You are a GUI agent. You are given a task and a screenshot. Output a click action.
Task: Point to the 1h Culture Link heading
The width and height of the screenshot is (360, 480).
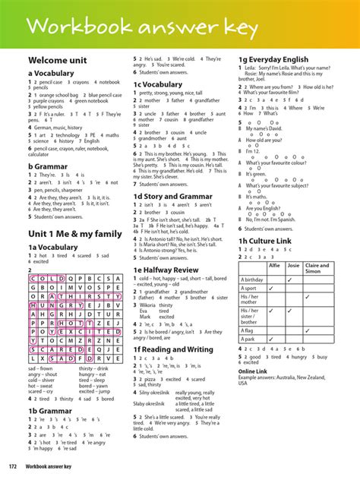click(x=265, y=241)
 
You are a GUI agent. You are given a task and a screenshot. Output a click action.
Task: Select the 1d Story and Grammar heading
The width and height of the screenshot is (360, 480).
click(x=173, y=197)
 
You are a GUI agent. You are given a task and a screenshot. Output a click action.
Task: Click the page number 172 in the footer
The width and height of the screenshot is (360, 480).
click(x=13, y=466)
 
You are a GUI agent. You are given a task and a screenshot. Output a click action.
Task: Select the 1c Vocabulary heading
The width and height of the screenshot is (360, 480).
click(x=158, y=84)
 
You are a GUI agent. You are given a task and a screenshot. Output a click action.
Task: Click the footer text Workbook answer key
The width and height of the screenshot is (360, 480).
click(x=53, y=466)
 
